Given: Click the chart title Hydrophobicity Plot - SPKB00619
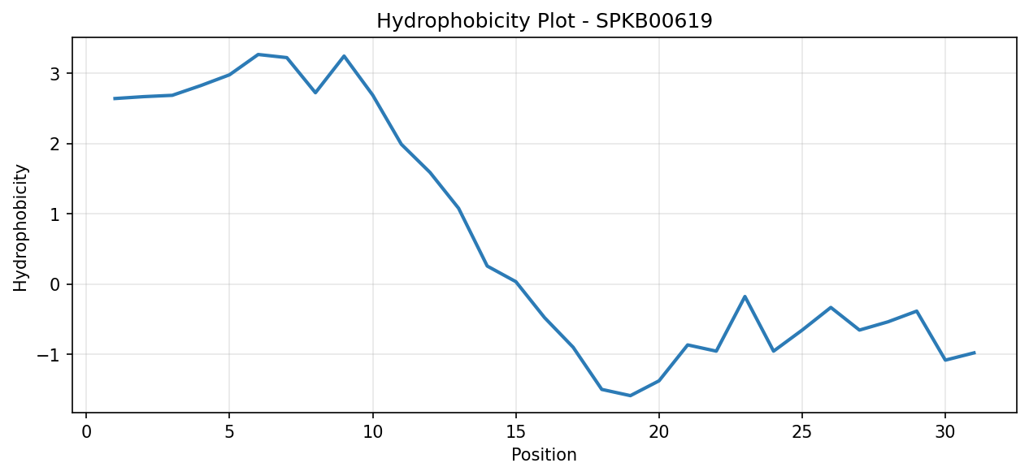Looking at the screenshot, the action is [x=545, y=21].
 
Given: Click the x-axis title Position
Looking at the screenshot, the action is [x=544, y=455].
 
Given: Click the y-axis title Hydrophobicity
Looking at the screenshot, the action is [x=20, y=228].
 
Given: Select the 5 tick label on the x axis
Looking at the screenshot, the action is [x=229, y=432].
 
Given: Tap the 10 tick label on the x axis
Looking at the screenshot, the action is [x=372, y=432].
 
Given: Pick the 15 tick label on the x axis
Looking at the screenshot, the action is [x=516, y=432].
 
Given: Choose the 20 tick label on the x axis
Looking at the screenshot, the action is [x=659, y=432].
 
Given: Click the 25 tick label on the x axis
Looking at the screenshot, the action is [x=802, y=432].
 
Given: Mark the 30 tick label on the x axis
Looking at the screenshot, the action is [x=945, y=432].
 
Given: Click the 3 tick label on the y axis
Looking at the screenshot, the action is [x=54, y=74].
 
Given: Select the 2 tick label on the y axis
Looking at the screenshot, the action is [x=54, y=144].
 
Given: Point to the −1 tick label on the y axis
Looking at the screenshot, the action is [x=48, y=355].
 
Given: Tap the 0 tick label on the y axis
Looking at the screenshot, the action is [x=54, y=284].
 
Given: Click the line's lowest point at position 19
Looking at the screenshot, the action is [x=630, y=396].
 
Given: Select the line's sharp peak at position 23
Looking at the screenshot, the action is [x=745, y=296].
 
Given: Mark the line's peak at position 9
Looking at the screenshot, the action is [x=344, y=56].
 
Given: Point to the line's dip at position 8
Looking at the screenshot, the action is [x=315, y=93].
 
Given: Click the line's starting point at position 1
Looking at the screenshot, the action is [x=115, y=98].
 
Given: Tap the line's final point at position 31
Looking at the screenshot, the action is [x=975, y=353].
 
